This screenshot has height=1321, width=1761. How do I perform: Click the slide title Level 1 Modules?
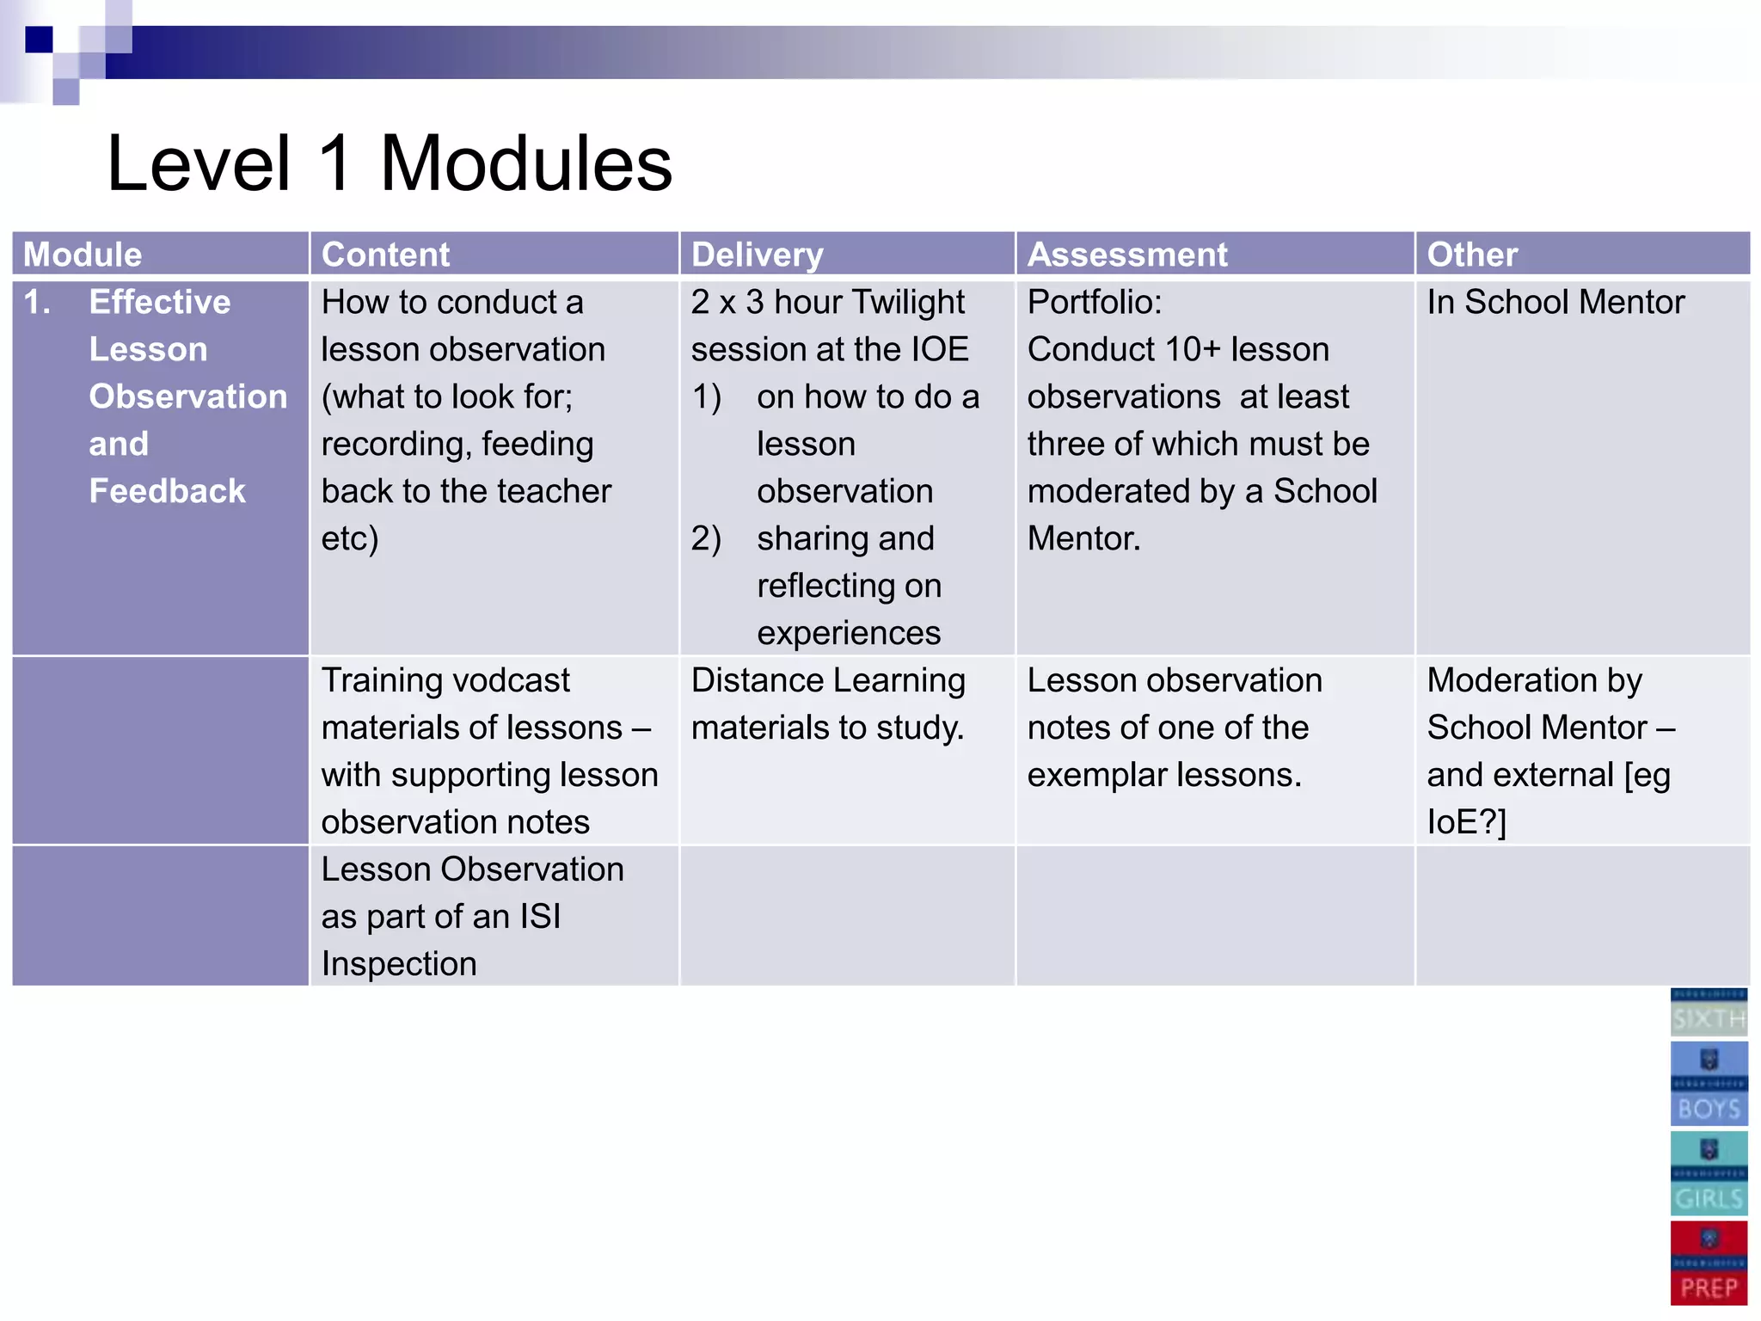click(x=389, y=164)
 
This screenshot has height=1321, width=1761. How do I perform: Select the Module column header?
click(x=83, y=255)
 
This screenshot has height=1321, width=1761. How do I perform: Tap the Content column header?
click(x=385, y=255)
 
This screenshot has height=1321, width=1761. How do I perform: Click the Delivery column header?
click(x=757, y=255)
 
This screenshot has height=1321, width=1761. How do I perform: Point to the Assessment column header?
click(x=1127, y=255)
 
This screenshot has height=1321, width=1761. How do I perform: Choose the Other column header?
click(x=1472, y=255)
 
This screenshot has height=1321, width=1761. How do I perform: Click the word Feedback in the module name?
click(x=168, y=491)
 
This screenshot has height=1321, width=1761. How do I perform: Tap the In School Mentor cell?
click(x=1555, y=302)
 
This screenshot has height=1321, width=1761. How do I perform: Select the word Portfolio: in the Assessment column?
click(x=1094, y=302)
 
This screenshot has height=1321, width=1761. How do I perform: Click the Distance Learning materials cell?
click(x=828, y=704)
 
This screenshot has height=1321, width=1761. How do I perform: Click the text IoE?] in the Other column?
click(x=1466, y=822)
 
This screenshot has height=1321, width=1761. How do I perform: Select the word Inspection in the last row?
click(x=399, y=964)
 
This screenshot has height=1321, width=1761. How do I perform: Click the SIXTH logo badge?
click(x=1709, y=1012)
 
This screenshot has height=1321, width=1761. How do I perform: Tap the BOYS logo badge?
click(x=1709, y=1084)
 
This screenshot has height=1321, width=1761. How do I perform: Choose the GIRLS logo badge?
click(x=1709, y=1173)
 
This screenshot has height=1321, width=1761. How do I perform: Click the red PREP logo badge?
click(x=1709, y=1263)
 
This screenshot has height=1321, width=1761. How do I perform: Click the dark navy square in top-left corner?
click(x=39, y=40)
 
